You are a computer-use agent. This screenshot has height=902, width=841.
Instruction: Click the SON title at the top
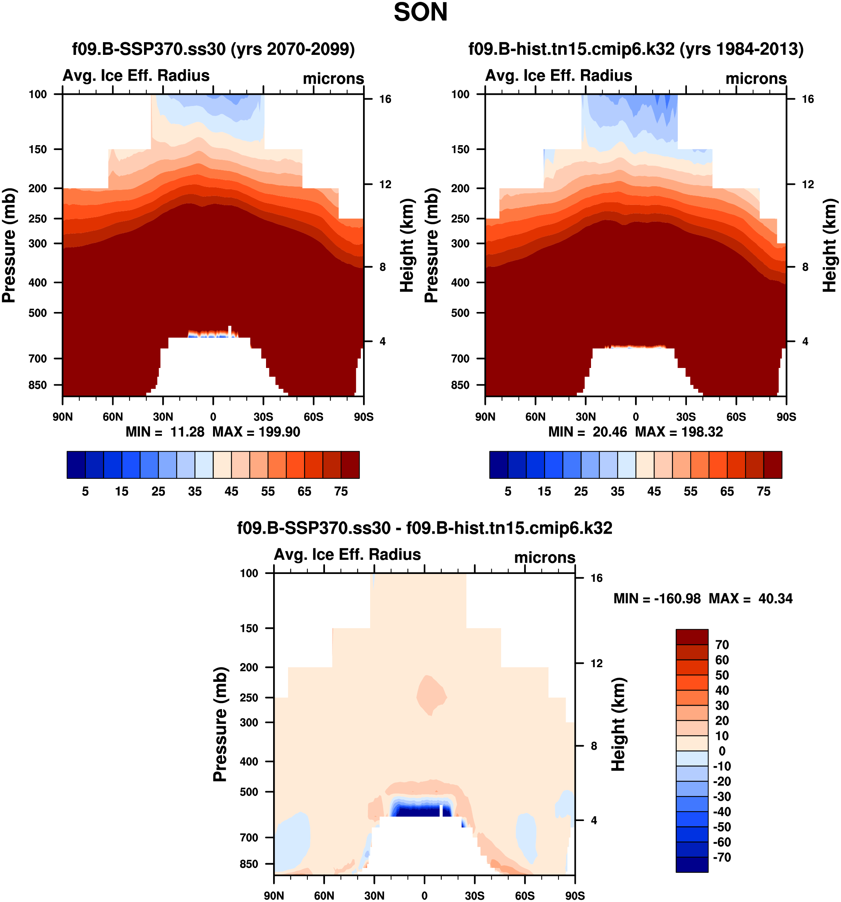click(x=420, y=13)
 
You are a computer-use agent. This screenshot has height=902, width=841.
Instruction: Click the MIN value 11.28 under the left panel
click(x=187, y=431)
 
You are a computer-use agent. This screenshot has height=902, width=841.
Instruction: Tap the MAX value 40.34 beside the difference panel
click(x=775, y=599)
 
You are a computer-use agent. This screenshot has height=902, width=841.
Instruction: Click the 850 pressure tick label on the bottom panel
click(x=249, y=864)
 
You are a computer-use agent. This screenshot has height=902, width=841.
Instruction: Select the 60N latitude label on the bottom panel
click(x=324, y=896)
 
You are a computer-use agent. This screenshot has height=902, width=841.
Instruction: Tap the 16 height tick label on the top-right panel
click(x=807, y=99)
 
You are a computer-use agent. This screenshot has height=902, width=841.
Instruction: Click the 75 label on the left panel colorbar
click(x=341, y=491)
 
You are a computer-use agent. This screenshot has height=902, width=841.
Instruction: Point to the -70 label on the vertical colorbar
click(x=722, y=857)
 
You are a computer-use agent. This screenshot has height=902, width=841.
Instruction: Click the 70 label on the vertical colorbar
click(x=722, y=645)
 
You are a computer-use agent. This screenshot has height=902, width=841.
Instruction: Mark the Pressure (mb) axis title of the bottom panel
click(x=220, y=724)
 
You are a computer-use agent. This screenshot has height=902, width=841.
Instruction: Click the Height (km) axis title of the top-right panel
click(x=830, y=245)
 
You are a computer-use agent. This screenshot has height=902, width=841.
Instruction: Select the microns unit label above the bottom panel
click(x=544, y=557)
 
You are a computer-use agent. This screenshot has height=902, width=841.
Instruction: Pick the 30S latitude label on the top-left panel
click(x=263, y=416)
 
